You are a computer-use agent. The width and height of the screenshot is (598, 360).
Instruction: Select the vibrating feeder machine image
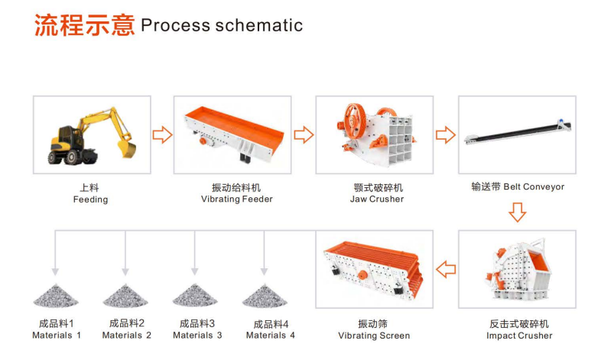tap(232, 135)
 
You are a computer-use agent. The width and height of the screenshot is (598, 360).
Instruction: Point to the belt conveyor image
tap(517, 135)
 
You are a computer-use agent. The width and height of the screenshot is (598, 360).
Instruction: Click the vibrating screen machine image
tap(373, 268)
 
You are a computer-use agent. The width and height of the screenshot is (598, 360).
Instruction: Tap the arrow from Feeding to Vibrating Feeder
tap(162, 135)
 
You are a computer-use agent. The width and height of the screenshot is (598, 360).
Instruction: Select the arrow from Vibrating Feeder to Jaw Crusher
tap(304, 135)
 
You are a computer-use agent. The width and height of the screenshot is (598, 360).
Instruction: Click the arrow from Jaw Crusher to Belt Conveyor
tap(446, 135)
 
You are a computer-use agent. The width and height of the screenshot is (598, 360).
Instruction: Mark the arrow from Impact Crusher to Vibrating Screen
tap(446, 268)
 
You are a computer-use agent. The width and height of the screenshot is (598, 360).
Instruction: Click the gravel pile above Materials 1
tap(55, 295)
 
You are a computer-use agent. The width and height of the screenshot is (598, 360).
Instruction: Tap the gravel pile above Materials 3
tap(195, 295)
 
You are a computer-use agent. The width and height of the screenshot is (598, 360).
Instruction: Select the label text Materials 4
tap(270, 336)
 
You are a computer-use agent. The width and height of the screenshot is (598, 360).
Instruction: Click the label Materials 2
tap(127, 335)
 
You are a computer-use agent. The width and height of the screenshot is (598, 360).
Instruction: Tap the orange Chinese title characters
tap(83, 24)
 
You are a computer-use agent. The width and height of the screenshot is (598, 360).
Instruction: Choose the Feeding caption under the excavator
tap(90, 199)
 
